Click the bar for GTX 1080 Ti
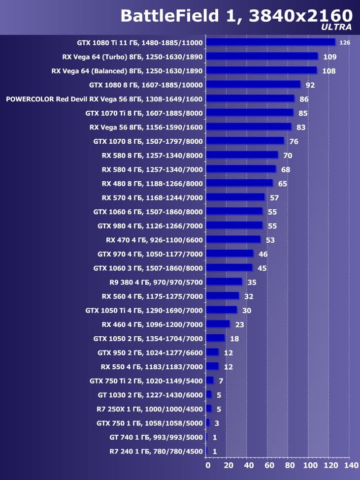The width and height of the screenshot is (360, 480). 270,42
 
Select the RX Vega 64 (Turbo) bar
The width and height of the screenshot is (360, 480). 262,57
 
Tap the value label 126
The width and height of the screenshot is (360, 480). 345,43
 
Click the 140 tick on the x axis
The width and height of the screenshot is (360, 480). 351,465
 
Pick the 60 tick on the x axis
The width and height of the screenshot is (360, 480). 269,465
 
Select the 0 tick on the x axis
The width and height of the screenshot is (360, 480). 208,465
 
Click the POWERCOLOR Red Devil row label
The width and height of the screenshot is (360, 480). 104,99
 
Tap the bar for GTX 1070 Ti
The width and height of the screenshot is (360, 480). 250,113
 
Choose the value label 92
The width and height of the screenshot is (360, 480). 310,85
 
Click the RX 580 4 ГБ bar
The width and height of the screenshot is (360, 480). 241,169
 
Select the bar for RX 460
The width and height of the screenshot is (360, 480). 218,324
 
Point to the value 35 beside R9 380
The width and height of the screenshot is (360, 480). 252,283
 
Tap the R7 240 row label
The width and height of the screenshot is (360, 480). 156,451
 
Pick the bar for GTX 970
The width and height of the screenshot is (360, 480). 229,254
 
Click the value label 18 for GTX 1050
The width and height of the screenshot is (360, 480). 234,339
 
